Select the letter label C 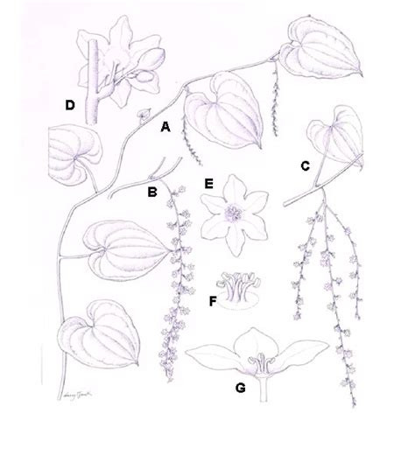pyautogui.click(x=304, y=165)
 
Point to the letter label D pyautogui.click(x=69, y=105)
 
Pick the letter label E pyautogui.click(x=208, y=184)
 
